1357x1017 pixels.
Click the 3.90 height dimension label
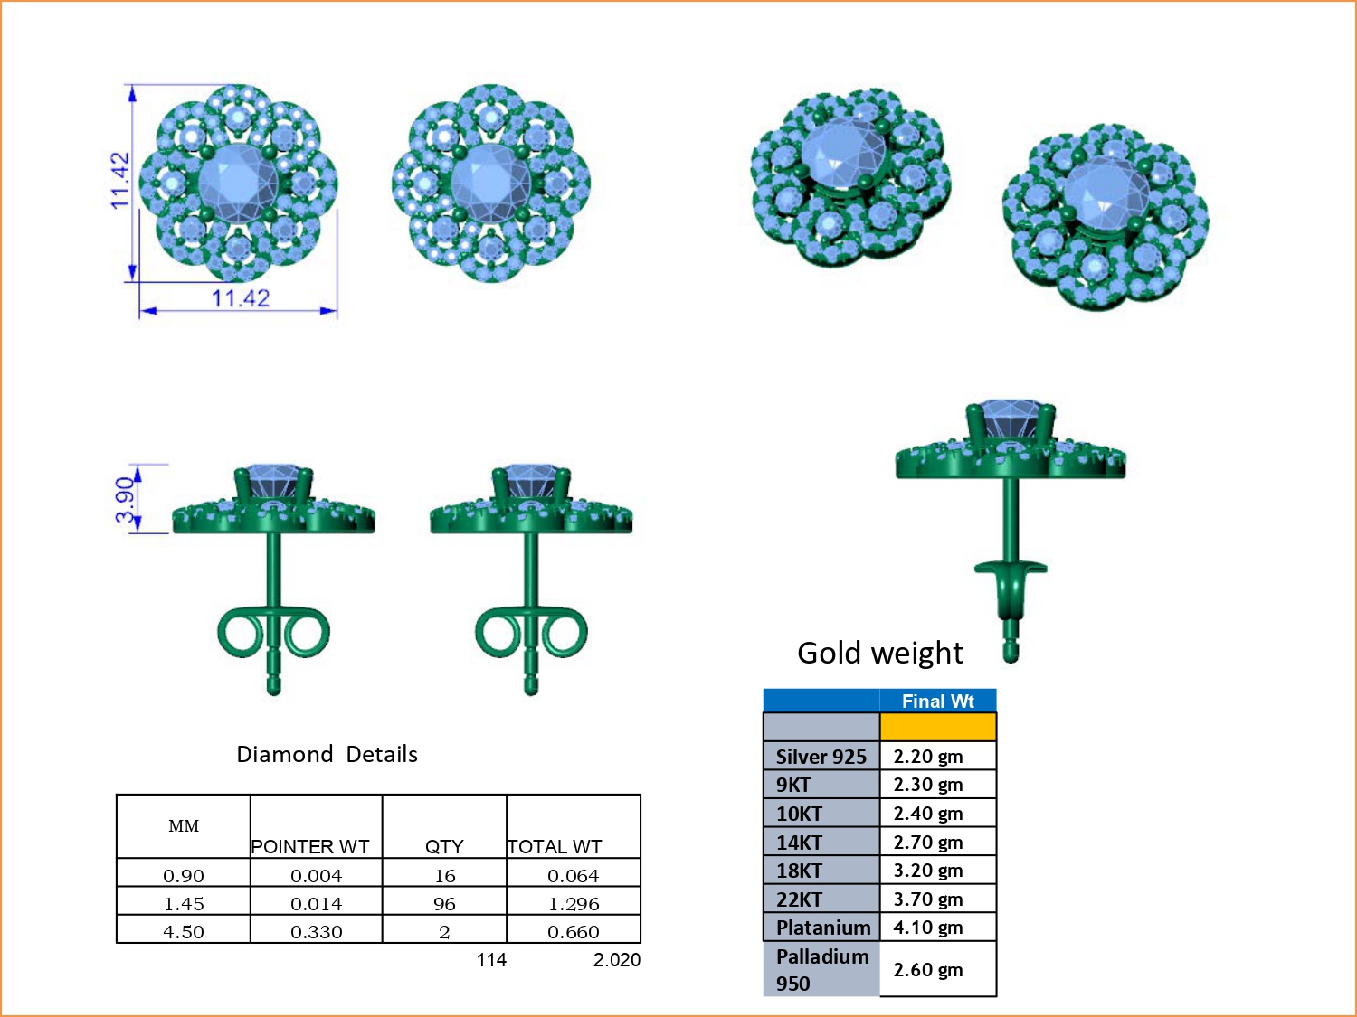point(126,500)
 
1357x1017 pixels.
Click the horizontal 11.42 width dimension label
point(240,298)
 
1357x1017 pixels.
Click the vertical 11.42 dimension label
point(120,181)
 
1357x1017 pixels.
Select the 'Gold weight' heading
point(879,653)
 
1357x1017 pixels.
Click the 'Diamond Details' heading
point(327,754)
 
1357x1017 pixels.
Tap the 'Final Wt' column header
point(937,702)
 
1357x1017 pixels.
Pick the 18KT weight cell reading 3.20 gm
point(928,871)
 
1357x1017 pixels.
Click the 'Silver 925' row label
point(821,757)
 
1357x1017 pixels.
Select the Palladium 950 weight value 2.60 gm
point(928,970)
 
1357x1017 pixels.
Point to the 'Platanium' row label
point(822,928)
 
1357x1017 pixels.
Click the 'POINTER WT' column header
point(310,846)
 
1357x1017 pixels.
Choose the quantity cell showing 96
point(444,904)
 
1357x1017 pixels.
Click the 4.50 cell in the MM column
point(184,932)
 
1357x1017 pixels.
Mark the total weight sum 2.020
point(616,960)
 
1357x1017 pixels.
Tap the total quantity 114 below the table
point(491,960)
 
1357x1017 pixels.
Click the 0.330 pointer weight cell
point(317,932)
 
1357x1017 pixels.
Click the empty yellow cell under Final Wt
point(937,727)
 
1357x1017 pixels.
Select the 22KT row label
point(799,899)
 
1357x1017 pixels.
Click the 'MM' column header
point(184,826)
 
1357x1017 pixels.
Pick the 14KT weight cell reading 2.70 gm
point(928,843)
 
